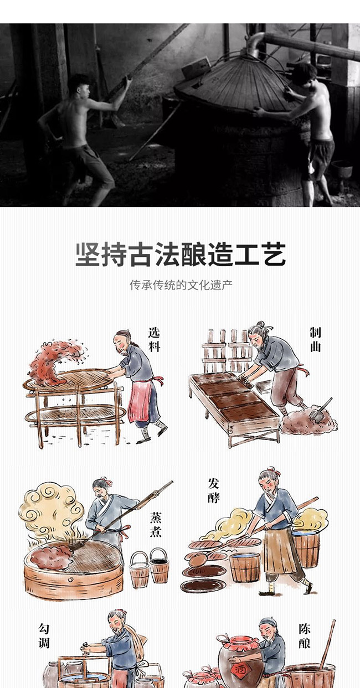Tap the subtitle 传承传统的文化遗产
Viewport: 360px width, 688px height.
click(181, 286)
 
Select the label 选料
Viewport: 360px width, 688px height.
click(155, 339)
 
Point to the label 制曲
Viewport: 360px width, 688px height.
click(315, 339)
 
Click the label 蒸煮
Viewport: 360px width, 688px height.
click(156, 525)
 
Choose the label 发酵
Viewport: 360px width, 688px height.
click(214, 490)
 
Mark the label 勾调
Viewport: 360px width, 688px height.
click(44, 635)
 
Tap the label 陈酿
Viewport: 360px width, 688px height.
click(305, 636)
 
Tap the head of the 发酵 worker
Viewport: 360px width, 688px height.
click(268, 482)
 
